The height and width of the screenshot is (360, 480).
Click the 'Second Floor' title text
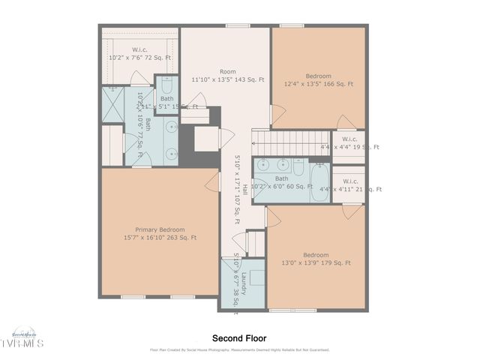pos(239,338)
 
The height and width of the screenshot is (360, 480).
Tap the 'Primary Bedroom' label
pos(160,229)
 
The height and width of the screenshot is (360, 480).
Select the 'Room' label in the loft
pos(227,72)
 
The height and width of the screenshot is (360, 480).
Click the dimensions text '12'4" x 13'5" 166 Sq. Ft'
pos(318,85)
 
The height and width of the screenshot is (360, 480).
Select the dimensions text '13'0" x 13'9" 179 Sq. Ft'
pos(316,262)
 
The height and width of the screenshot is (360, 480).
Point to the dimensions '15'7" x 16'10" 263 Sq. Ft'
pos(160,238)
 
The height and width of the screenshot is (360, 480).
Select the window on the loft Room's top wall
pos(238,25)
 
